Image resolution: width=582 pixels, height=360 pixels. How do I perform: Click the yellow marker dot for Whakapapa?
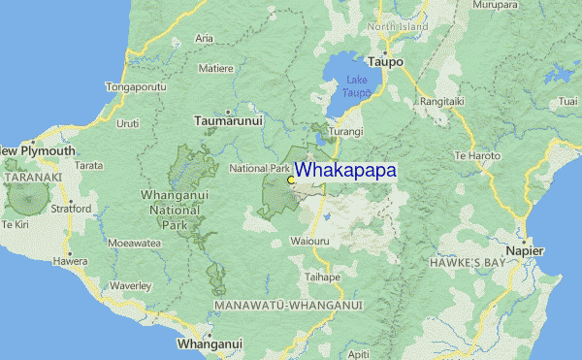(291, 180)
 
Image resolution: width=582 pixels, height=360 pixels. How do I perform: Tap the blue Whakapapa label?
(344, 170)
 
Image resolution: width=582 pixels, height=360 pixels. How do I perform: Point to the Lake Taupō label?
(354, 87)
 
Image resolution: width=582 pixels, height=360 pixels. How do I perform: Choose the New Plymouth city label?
(37, 151)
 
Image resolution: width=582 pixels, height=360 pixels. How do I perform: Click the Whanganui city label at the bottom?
(209, 344)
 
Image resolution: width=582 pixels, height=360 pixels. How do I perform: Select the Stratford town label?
(72, 208)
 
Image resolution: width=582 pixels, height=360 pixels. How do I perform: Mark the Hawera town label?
(70, 261)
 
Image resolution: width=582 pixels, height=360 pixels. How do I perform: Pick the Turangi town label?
(345, 131)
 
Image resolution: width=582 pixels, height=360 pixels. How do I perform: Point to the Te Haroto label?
(476, 155)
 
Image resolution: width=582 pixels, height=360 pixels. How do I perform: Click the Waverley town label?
(131, 285)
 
